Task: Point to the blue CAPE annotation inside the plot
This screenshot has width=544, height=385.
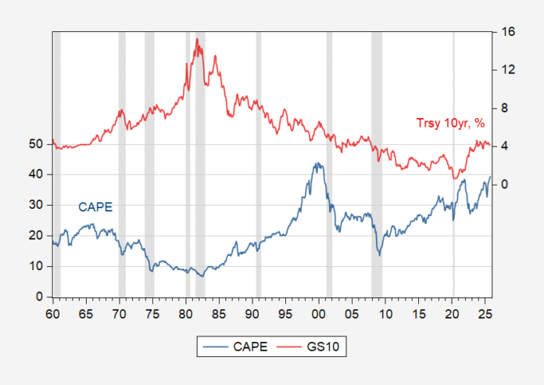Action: click(95, 207)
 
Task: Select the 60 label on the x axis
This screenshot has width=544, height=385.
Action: click(52, 312)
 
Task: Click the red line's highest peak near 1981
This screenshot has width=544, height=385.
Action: click(198, 39)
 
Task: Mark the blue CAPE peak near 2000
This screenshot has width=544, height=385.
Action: click(317, 164)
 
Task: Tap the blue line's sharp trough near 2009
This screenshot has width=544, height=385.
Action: click(380, 254)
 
